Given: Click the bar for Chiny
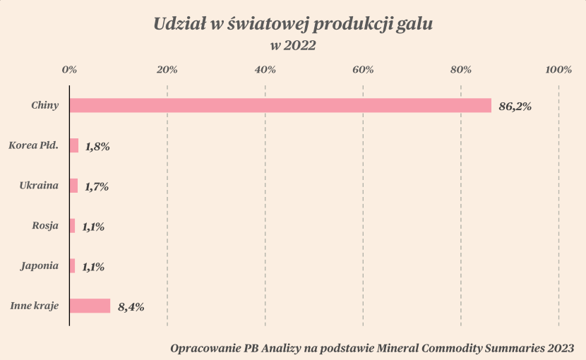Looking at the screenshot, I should [x=280, y=105].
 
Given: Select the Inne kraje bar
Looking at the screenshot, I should [x=90, y=306].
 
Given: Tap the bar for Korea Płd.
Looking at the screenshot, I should [x=74, y=145].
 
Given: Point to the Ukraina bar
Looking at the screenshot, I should [x=73, y=186].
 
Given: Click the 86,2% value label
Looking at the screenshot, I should [x=515, y=107].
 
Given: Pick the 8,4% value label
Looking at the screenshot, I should [x=131, y=307].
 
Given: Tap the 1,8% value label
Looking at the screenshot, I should [x=97, y=147].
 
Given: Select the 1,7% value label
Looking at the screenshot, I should [x=97, y=187].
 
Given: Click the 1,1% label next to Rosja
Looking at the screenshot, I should [x=93, y=227].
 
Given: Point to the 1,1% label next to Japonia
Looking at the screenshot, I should [x=93, y=268].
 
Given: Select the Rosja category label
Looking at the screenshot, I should [x=45, y=226].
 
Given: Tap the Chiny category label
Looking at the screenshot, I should [x=44, y=105].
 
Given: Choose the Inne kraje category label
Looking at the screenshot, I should [x=34, y=306].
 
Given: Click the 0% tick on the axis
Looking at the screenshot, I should [x=69, y=69].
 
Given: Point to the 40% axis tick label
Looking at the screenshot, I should [x=265, y=69].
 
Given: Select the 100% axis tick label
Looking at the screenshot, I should [x=558, y=69].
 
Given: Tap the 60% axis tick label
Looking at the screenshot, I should [x=363, y=69].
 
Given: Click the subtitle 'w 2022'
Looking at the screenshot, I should [x=292, y=47].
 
